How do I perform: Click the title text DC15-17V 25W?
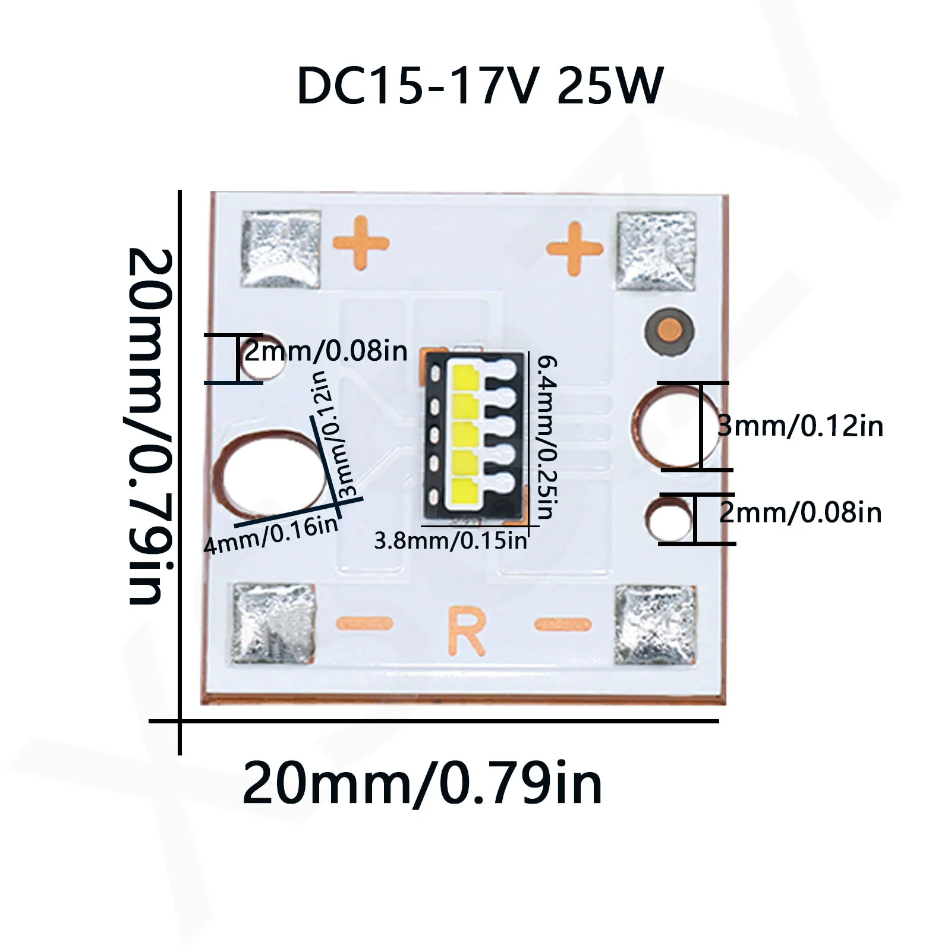pos(479,87)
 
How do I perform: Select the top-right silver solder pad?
pos(656,251)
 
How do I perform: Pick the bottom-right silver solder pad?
pos(655,625)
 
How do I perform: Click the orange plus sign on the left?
pos(361,243)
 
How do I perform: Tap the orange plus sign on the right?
pos(574,248)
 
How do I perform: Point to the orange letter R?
pos(467,630)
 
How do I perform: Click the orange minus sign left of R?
pos(364,623)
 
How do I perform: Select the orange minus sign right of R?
pos(563,624)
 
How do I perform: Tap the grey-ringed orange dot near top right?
pos(669,330)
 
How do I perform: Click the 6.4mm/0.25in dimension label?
pos(546,437)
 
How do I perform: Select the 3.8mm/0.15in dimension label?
pos(450,541)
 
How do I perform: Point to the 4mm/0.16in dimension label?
pos(270,535)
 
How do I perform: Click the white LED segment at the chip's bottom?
pos(465,489)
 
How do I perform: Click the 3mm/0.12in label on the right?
pos(800,426)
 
